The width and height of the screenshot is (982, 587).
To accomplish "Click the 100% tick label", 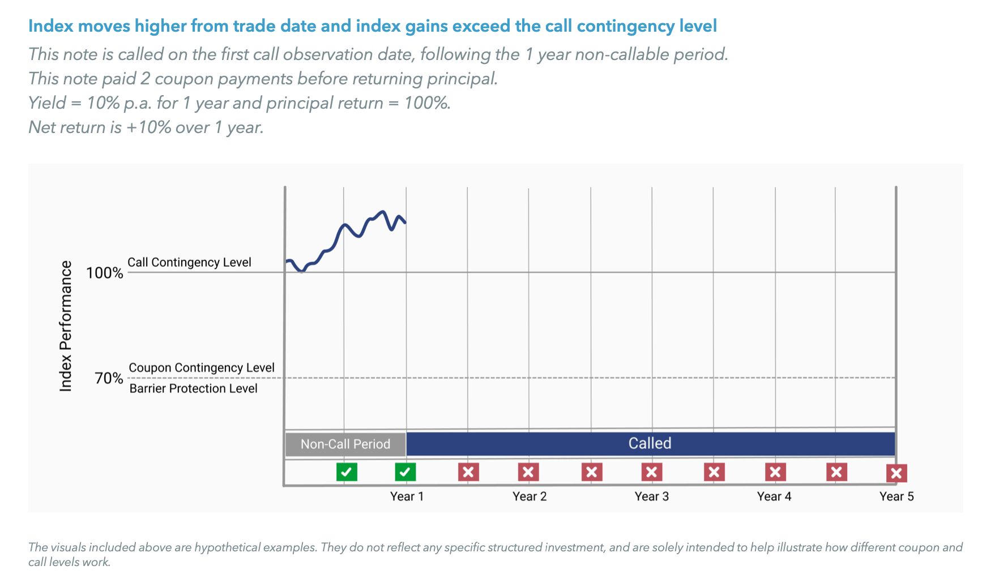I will coord(104,273).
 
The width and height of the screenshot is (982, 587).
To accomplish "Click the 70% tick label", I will coord(109,378).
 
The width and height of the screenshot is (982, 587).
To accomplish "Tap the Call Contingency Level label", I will coord(189,262).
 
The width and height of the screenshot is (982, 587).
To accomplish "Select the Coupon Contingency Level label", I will coord(202,368).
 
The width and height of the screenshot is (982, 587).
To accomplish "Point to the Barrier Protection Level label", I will coord(193,388).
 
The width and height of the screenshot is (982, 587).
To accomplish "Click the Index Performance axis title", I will coord(66,326).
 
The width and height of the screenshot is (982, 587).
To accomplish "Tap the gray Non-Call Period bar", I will coord(345,444).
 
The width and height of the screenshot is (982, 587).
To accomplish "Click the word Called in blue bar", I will coord(650,443).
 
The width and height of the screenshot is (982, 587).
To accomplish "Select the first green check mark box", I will coord(347,472).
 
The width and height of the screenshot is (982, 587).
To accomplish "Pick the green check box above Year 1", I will coord(405,472).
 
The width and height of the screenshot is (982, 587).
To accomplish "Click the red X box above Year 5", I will coord(896,473).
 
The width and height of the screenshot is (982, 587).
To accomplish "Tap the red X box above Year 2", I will coord(528,472).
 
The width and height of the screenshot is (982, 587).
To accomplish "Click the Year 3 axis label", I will coord(651,496).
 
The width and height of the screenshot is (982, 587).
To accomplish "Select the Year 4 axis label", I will coord(774,496).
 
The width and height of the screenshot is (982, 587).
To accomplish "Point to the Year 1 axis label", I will coord(407,496).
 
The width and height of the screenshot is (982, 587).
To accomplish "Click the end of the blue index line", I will coord(405,222).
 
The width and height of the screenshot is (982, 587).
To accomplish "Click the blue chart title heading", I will coord(372,26).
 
